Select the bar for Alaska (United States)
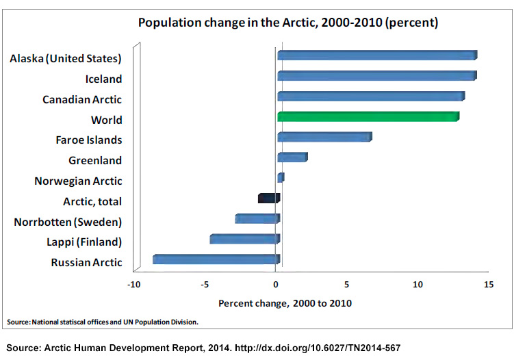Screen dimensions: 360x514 pyautogui.click(x=376, y=55)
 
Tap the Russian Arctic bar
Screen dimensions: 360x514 pyautogui.click(x=216, y=259)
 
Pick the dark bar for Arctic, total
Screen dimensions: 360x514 pyautogui.click(x=268, y=198)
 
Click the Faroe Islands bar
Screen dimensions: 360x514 pyautogui.click(x=324, y=138)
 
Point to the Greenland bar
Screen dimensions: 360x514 pyautogui.click(x=292, y=158)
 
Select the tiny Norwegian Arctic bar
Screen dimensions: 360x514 pyautogui.click(x=281, y=178)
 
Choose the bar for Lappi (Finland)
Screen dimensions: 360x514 pyautogui.click(x=244, y=239)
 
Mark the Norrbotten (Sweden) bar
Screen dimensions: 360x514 pyautogui.click(x=257, y=219)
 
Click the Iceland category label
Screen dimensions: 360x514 pyautogui.click(x=103, y=79)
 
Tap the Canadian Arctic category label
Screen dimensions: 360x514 pyautogui.click(x=82, y=100)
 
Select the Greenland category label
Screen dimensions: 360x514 pyautogui.click(x=95, y=161)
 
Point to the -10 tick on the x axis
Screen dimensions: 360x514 pyautogui.click(x=135, y=285)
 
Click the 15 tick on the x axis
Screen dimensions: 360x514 pyautogui.click(x=488, y=285)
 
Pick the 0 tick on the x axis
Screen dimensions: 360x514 pyautogui.click(x=276, y=285)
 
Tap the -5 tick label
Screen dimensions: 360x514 pyautogui.click(x=205, y=285)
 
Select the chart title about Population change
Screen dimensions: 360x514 pyautogui.click(x=287, y=23)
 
